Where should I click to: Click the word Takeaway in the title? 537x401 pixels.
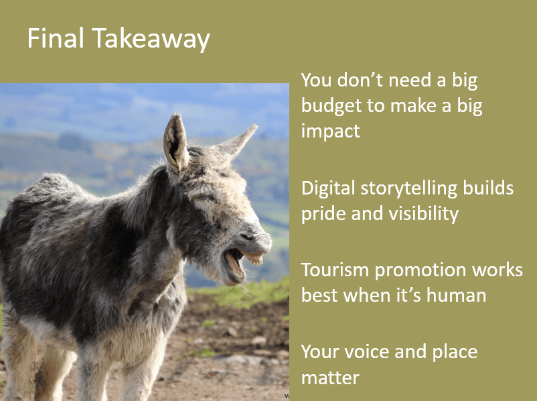pyautogui.click(x=151, y=39)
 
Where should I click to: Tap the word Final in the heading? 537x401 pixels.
pyautogui.click(x=56, y=38)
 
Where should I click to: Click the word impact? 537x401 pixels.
pyautogui.click(x=331, y=131)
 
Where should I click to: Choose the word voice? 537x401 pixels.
pyautogui.click(x=366, y=352)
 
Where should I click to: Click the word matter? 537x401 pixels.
pyautogui.click(x=330, y=378)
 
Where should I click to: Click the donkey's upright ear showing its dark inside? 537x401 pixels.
pyautogui.click(x=175, y=143)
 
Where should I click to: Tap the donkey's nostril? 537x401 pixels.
pyautogui.click(x=246, y=237)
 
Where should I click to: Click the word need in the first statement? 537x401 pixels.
pyautogui.click(x=410, y=80)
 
